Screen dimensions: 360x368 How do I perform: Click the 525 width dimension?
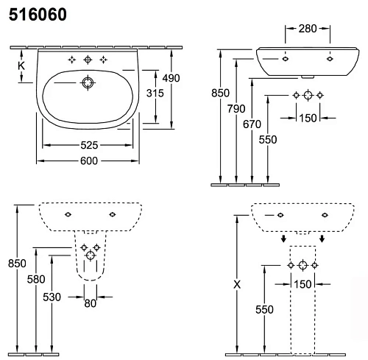[90, 147]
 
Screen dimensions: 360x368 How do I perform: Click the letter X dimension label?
[236, 283]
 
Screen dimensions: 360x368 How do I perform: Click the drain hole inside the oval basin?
[88, 84]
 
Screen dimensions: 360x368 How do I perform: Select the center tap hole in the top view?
[88, 59]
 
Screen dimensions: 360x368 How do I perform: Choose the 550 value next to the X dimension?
[263, 309]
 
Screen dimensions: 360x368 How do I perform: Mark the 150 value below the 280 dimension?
[307, 119]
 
